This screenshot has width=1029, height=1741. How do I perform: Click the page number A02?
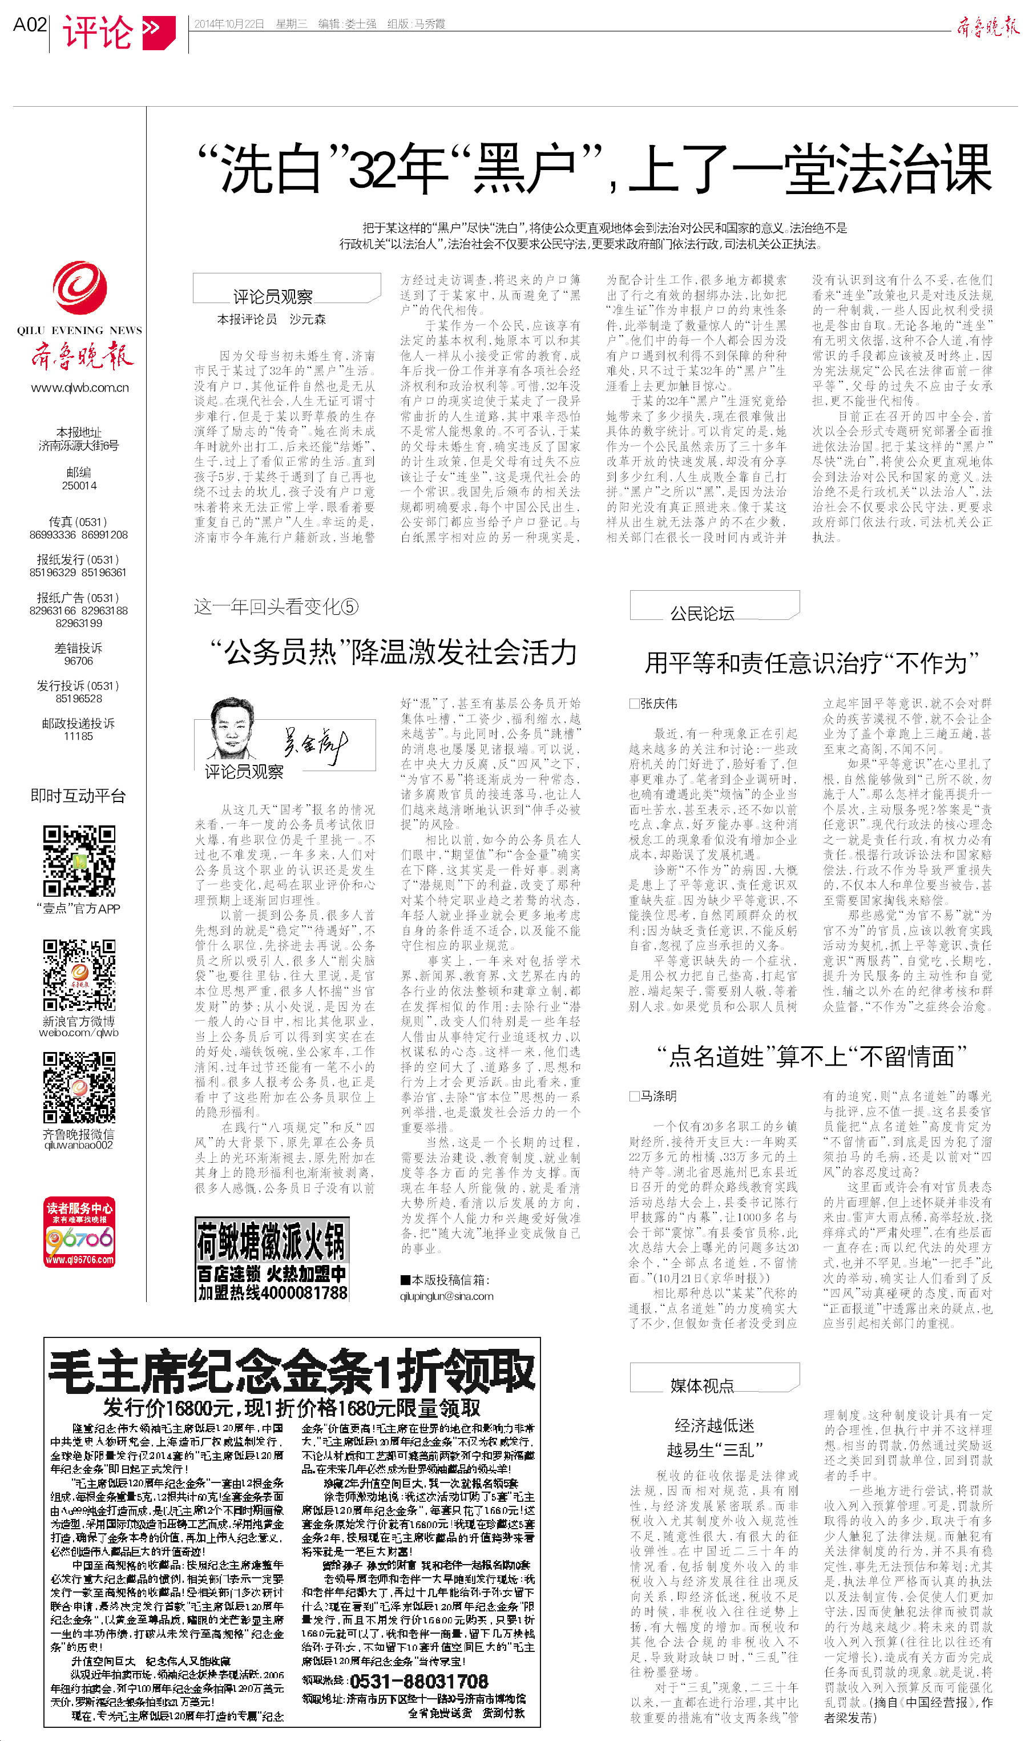click(30, 25)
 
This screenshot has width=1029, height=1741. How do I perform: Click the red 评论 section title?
click(98, 32)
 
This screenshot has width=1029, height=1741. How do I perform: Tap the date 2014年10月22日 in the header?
click(229, 23)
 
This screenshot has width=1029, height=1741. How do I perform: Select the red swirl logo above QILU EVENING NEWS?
click(80, 287)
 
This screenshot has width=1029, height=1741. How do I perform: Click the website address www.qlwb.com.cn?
click(80, 388)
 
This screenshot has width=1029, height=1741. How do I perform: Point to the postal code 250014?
click(79, 485)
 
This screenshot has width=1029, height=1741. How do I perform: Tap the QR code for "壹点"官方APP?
click(79, 860)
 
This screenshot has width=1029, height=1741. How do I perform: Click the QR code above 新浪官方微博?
click(79, 974)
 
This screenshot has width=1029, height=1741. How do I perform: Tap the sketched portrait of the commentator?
click(232, 729)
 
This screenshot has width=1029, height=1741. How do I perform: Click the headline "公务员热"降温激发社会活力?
click(393, 652)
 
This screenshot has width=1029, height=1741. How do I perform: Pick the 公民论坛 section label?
click(702, 613)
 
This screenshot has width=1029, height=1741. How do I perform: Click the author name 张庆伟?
click(658, 704)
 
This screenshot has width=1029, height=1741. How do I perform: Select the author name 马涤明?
click(658, 1096)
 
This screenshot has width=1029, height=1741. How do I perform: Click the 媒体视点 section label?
click(702, 1385)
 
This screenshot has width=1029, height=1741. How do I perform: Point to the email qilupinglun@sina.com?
click(446, 1296)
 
